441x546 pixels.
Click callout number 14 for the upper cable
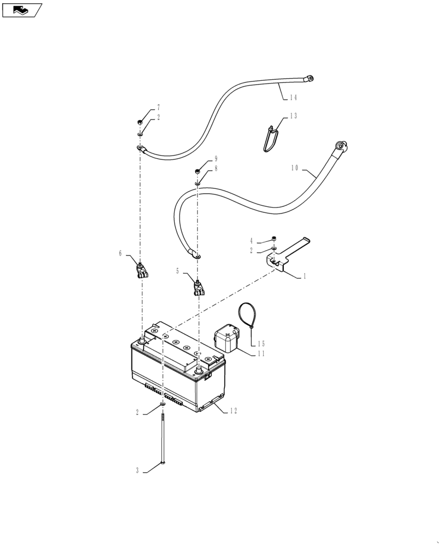click(x=293, y=98)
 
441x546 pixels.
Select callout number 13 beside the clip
click(x=293, y=116)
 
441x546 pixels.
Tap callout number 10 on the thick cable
click(x=294, y=169)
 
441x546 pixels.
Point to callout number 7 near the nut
click(x=158, y=108)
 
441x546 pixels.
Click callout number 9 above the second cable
click(x=216, y=159)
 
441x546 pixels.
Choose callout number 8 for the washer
click(x=216, y=169)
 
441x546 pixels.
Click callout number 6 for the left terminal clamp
click(x=121, y=253)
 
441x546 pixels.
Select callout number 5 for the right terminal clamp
click(x=177, y=271)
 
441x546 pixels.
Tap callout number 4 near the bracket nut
click(x=252, y=241)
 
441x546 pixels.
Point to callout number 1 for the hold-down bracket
click(x=305, y=277)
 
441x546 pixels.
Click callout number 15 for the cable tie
click(x=261, y=344)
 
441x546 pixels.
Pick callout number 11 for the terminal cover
click(x=261, y=354)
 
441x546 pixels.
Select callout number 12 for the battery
click(x=234, y=411)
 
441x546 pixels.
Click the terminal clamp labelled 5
click(x=198, y=286)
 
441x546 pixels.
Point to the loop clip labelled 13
click(x=270, y=140)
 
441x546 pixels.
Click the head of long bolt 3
click(x=163, y=464)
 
